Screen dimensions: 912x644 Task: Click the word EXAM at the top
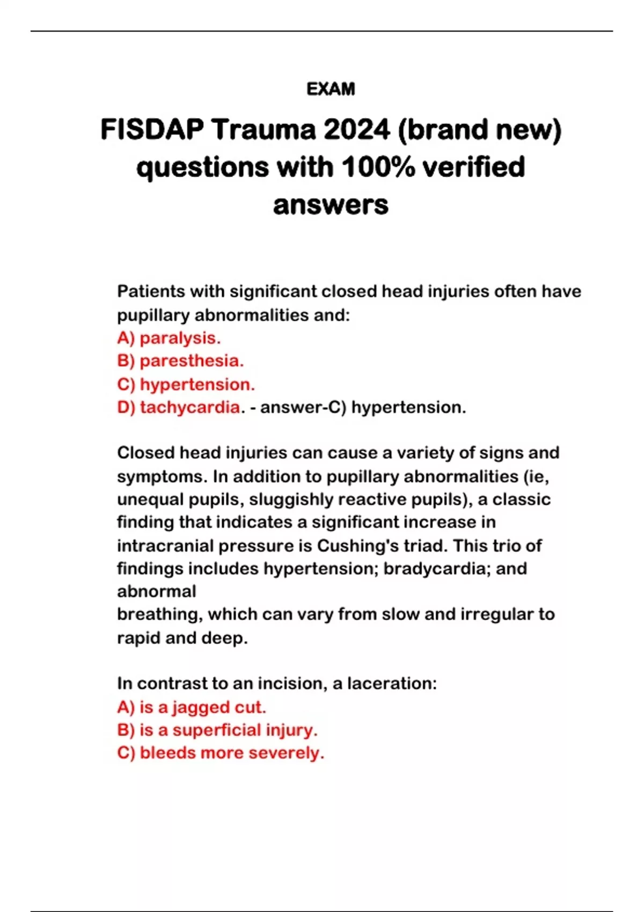[x=331, y=89]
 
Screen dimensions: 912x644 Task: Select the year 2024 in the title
[x=356, y=130]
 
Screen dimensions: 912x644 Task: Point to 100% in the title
[x=378, y=167]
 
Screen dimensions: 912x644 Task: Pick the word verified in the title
[x=473, y=167]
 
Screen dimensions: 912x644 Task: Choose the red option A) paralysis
[x=169, y=338]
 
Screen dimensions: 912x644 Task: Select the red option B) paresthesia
[x=180, y=361]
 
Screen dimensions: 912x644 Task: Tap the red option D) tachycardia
[x=179, y=407]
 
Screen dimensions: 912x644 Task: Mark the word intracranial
[x=165, y=546]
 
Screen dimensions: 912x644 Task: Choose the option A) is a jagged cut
[x=192, y=707]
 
